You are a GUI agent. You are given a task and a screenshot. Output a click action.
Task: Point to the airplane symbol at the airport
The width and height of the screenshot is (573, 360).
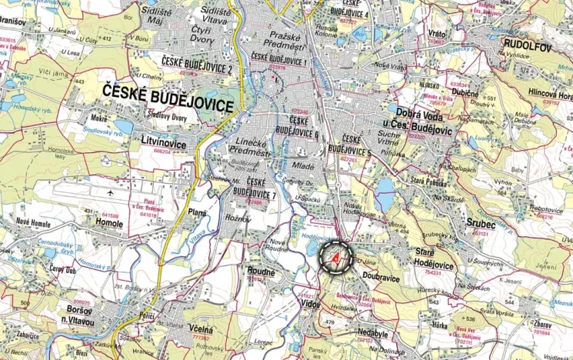[112, 192]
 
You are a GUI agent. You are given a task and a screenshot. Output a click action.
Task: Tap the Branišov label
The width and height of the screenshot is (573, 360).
[14, 23]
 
